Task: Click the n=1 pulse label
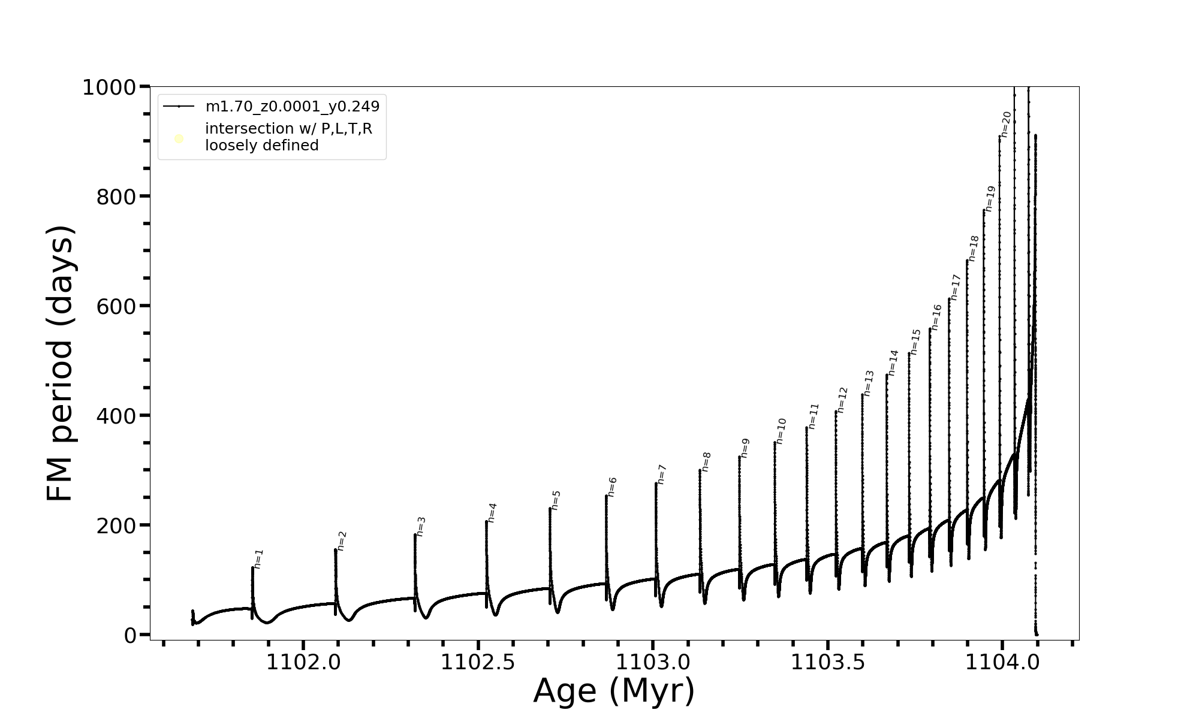pos(259,558)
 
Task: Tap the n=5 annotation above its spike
pos(556,500)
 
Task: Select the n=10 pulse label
pos(781,431)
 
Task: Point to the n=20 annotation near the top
pos(1006,125)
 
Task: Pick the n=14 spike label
pos(893,362)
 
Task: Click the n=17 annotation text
pos(956,287)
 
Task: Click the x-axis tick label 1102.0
pos(303,663)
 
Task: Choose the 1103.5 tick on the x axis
pos(828,663)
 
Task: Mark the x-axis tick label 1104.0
pos(1002,663)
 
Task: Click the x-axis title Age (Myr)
pos(614,691)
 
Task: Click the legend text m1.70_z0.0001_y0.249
pos(293,107)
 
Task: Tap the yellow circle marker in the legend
pos(179,139)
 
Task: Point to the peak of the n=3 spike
pos(415,534)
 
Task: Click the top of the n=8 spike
pos(700,470)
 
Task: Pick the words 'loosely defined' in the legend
pos(262,146)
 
